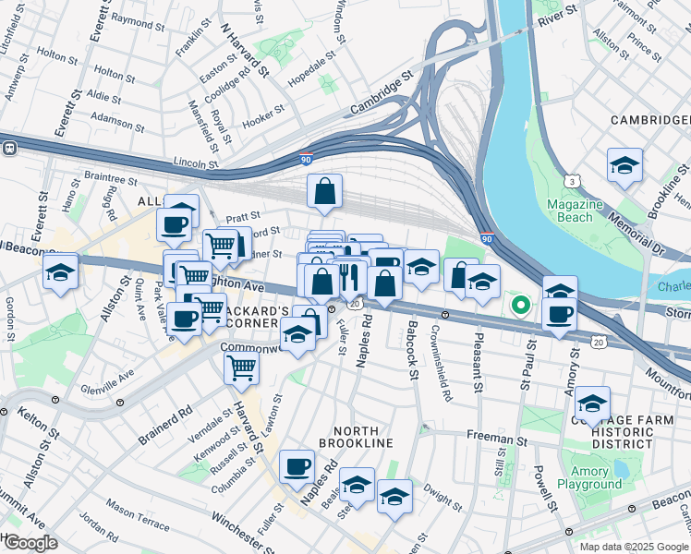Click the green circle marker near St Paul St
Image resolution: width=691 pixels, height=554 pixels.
[520, 304]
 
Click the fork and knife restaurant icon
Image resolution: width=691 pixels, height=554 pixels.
[349, 277]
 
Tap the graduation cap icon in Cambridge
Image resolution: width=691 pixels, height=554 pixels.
[624, 166]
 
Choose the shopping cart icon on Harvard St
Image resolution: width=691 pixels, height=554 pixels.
[241, 367]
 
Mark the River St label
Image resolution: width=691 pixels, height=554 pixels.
[557, 12]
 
